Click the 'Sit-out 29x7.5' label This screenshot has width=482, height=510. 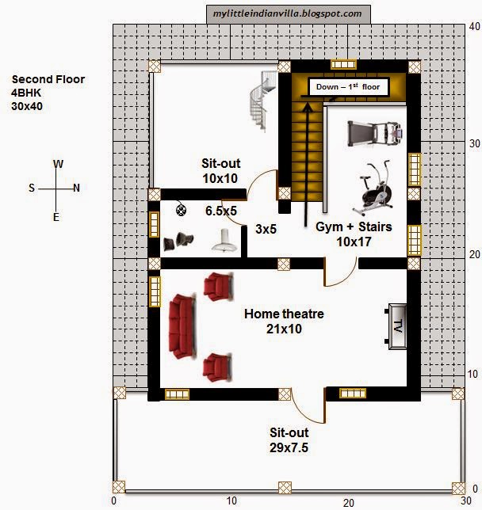[x=289, y=440]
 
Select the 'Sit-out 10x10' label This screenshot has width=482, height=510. [x=220, y=171]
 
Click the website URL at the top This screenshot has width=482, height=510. [x=288, y=13]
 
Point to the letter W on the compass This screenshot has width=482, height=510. [x=58, y=164]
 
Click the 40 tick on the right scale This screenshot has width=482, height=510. [x=474, y=26]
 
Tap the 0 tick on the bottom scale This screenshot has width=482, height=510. [x=114, y=500]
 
